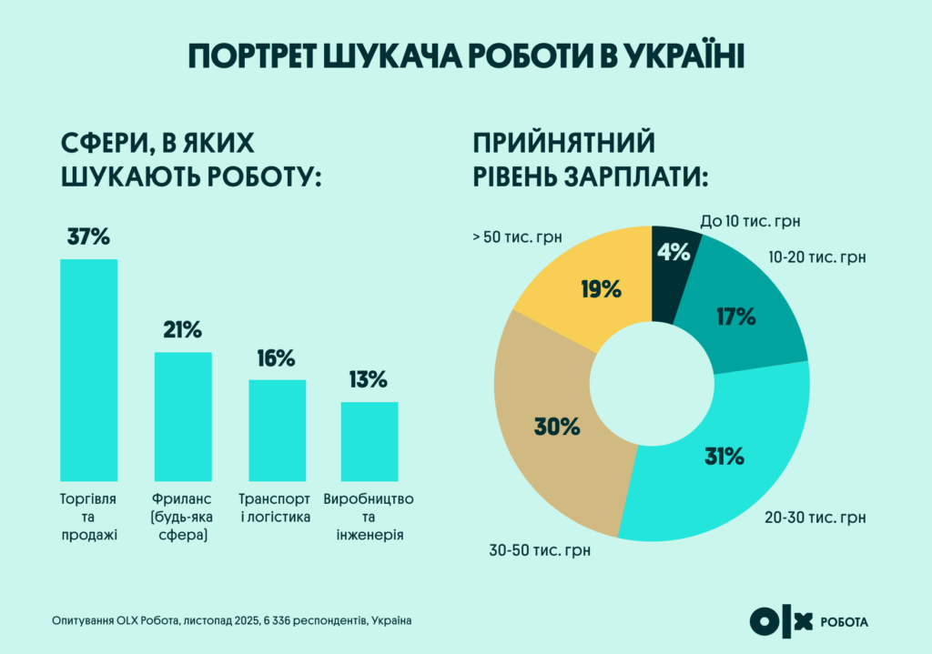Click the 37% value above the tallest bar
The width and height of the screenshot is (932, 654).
click(88, 237)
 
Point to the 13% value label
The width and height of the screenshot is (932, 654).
click(370, 379)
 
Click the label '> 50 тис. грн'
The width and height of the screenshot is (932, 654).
click(517, 237)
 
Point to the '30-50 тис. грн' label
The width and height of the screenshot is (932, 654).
click(540, 550)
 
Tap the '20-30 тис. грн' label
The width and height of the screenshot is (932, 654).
click(815, 518)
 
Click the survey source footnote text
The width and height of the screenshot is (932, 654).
click(232, 620)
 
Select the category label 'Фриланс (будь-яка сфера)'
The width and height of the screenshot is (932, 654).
click(183, 518)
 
